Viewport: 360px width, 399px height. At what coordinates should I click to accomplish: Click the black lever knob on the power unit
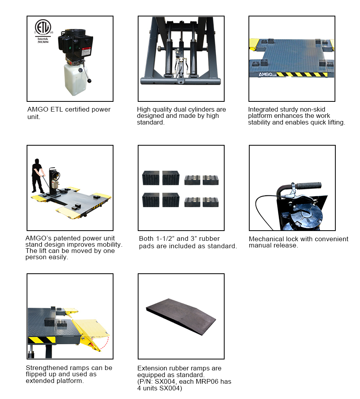(90, 81)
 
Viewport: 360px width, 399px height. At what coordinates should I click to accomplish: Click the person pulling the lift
(37, 175)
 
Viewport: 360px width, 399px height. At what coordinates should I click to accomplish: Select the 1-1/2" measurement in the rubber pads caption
(167, 239)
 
